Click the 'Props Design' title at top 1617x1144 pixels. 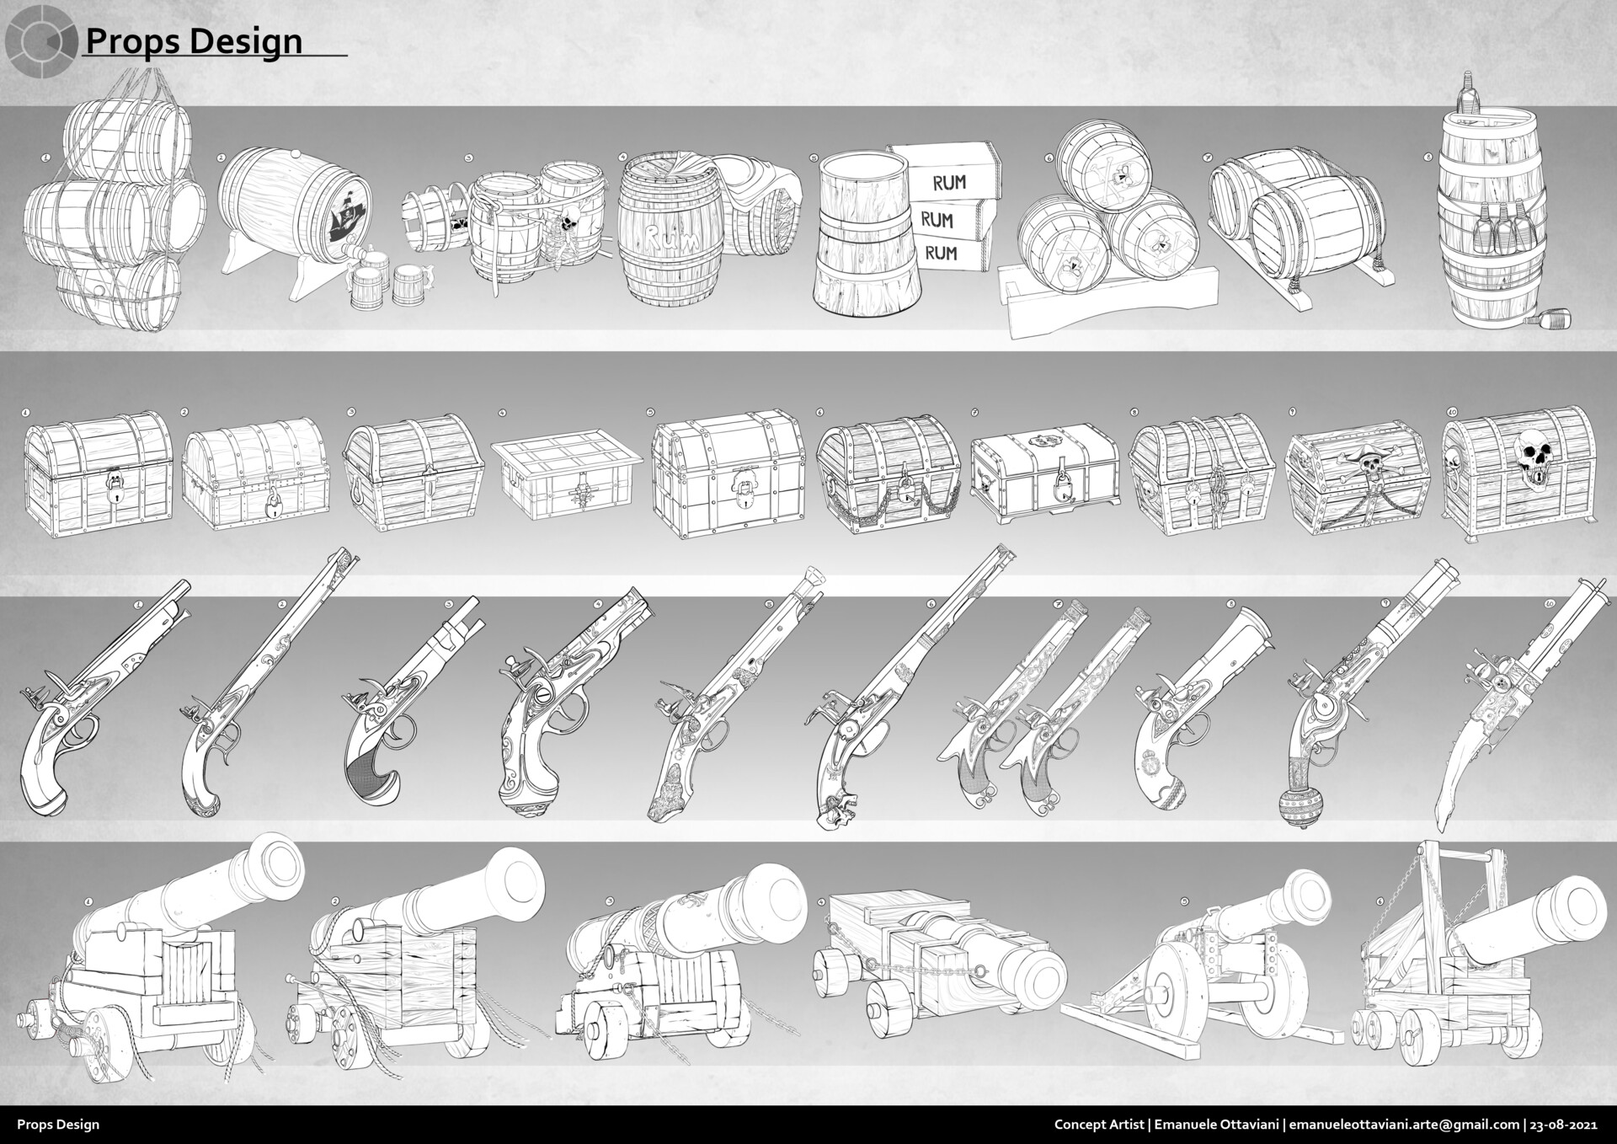(194, 40)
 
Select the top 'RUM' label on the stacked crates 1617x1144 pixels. (949, 182)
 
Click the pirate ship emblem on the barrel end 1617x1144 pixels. (349, 220)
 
